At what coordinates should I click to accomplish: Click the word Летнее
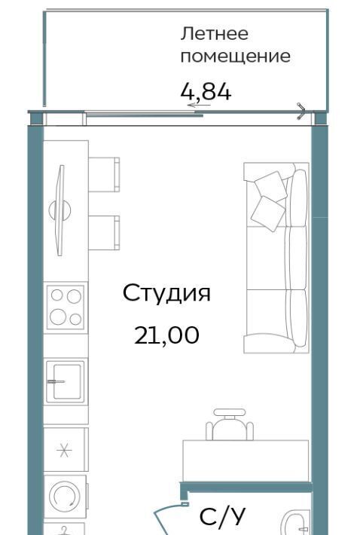(214, 34)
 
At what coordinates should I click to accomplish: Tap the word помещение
(235, 57)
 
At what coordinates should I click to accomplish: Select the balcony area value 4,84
(206, 92)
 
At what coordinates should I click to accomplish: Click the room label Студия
(166, 293)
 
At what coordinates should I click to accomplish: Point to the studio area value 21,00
(166, 335)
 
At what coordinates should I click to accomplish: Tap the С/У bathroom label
(222, 516)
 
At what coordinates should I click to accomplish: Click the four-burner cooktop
(65, 307)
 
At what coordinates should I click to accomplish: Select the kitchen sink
(65, 381)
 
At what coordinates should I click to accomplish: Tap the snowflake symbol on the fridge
(64, 451)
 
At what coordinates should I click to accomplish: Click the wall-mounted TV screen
(60, 210)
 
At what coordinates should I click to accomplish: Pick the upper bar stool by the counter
(104, 174)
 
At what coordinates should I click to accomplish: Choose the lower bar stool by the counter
(104, 233)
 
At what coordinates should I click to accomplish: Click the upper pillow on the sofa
(271, 186)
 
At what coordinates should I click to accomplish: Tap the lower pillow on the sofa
(268, 214)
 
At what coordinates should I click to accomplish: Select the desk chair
(230, 425)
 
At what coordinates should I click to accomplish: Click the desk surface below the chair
(246, 460)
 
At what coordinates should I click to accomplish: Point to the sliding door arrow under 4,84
(199, 105)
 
